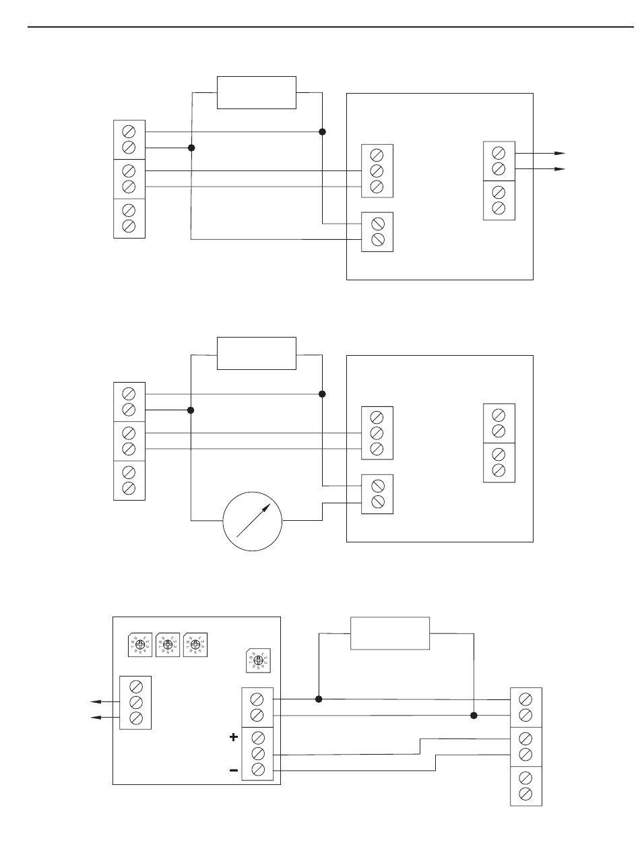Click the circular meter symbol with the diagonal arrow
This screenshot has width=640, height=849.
point(253,520)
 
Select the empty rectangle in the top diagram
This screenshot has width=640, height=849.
point(256,92)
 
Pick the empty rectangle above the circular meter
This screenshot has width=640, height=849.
point(256,353)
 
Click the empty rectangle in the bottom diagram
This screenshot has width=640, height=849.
point(390,633)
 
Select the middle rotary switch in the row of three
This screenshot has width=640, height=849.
point(166,645)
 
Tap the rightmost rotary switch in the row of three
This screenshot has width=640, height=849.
point(195,645)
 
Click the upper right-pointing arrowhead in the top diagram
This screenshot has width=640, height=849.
point(559,153)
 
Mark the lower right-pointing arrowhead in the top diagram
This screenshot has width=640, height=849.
point(559,169)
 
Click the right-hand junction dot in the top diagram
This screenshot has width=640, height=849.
point(323,131)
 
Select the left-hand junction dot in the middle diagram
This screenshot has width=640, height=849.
point(192,410)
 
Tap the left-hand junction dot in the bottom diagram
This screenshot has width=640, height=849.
point(319,699)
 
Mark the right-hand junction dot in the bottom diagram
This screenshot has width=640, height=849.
point(474,715)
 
